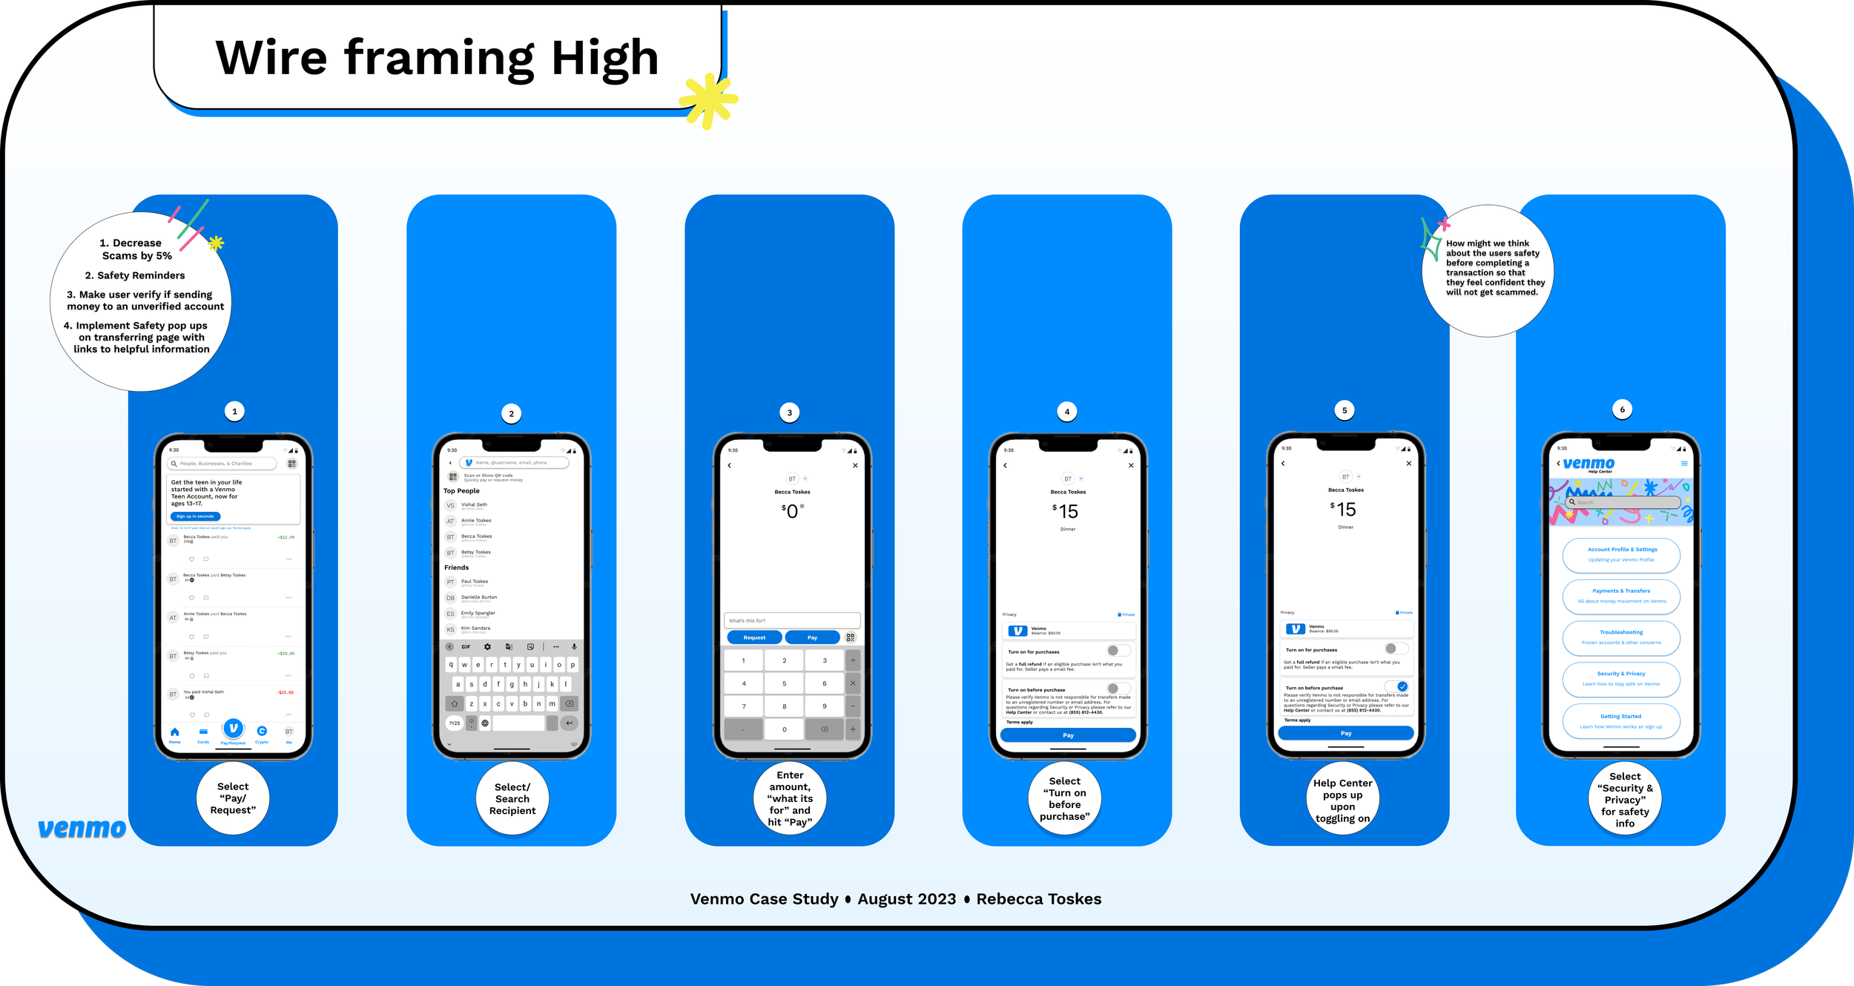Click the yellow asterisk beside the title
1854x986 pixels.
point(708,101)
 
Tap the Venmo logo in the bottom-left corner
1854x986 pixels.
point(82,828)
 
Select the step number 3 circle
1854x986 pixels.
point(789,413)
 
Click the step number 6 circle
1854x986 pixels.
point(1622,410)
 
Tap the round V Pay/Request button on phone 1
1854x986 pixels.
point(233,729)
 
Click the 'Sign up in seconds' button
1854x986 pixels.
point(195,516)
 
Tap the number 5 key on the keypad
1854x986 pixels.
point(784,683)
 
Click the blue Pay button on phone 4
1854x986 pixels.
point(1068,735)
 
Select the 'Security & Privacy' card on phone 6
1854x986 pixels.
point(1621,678)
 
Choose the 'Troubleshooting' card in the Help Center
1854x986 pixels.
point(1621,637)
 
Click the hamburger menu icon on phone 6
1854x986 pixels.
point(1684,464)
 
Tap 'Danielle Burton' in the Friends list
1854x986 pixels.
point(479,597)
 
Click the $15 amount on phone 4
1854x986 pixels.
point(1066,511)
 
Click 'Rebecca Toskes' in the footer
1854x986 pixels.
point(1038,899)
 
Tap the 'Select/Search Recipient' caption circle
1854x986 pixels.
point(512,799)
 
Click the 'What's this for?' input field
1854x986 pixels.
point(792,620)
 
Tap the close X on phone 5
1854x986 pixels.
point(1409,464)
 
